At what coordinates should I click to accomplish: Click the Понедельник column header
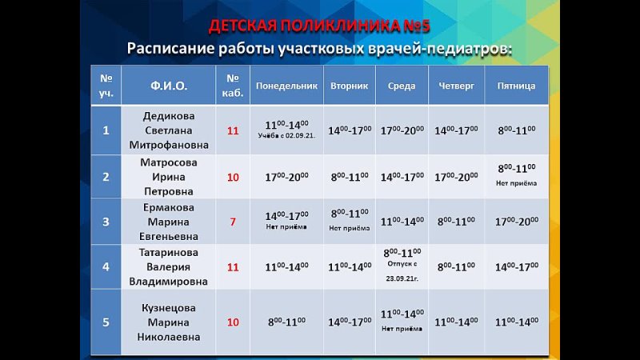pyautogui.click(x=286, y=86)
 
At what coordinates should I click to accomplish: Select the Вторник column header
pyautogui.click(x=349, y=86)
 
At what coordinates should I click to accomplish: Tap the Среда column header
pyautogui.click(x=402, y=86)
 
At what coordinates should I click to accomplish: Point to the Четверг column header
pyautogui.click(x=455, y=86)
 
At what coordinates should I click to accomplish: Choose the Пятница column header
pyautogui.click(x=516, y=86)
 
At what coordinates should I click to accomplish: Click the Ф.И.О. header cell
pyautogui.click(x=169, y=86)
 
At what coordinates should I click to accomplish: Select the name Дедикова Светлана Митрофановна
pyautogui.click(x=169, y=130)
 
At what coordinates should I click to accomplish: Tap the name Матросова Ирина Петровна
pyautogui.click(x=169, y=177)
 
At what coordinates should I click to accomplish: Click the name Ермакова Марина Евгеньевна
pyautogui.click(x=169, y=222)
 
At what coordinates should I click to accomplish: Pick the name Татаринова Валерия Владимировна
pyautogui.click(x=169, y=266)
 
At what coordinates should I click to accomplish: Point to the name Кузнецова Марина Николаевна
pyautogui.click(x=169, y=322)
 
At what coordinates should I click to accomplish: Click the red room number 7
pyautogui.click(x=233, y=222)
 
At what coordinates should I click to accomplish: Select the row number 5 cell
pyautogui.click(x=106, y=322)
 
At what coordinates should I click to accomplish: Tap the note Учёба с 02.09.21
pyautogui.click(x=286, y=136)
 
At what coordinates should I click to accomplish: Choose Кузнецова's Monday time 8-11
pyautogui.click(x=286, y=322)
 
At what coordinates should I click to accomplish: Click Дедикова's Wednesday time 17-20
pyautogui.click(x=402, y=130)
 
